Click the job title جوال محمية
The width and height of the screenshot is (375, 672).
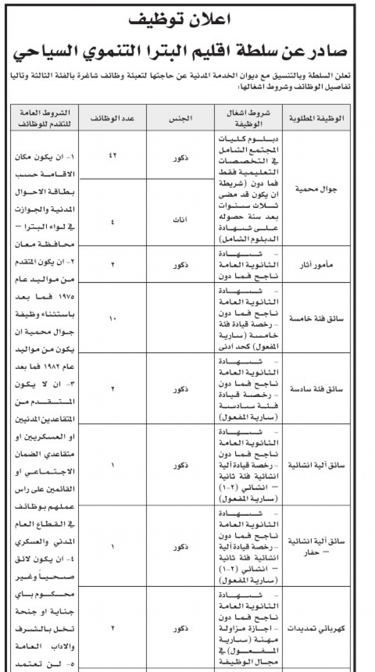315,189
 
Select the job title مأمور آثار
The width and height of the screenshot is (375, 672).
315,264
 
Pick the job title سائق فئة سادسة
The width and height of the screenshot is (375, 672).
315,389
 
